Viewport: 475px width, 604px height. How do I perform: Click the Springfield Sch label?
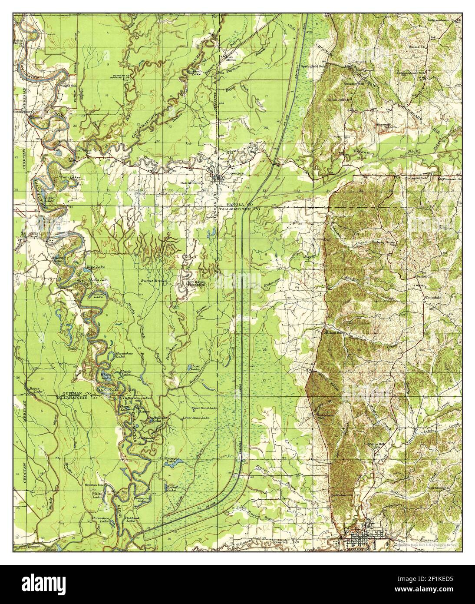313,66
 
